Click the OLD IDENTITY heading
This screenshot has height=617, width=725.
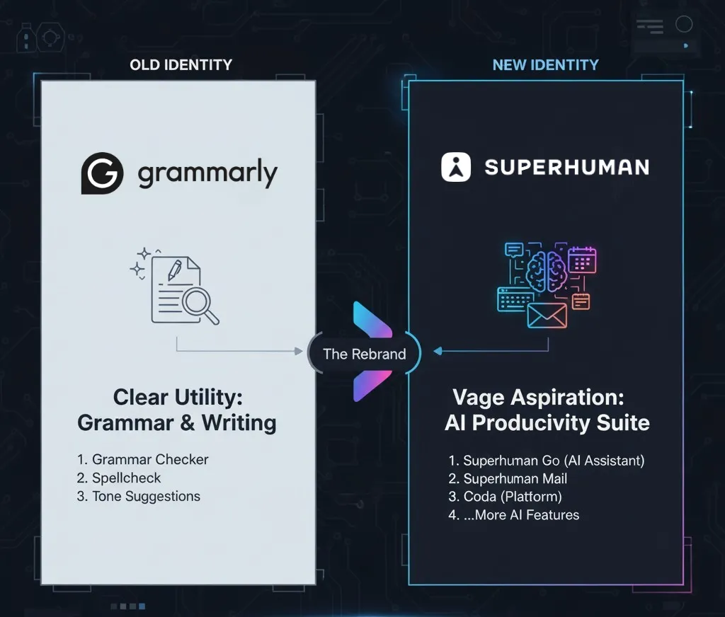point(181,64)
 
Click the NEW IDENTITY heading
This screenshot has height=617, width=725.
point(546,64)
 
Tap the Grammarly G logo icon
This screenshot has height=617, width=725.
point(102,173)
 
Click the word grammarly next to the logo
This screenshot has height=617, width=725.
point(207,173)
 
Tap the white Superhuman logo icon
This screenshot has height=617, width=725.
point(456,167)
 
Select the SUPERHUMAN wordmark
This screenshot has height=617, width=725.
point(567,167)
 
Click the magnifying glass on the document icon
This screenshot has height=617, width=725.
point(200,306)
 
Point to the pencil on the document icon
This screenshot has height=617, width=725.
point(174,270)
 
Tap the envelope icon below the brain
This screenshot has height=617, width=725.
point(547,316)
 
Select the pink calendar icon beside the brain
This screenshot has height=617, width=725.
point(582,260)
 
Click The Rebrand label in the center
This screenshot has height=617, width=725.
point(365,354)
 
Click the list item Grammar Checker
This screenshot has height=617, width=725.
point(142,459)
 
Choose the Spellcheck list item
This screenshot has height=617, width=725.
point(119,478)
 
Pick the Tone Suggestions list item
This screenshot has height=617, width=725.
point(139,497)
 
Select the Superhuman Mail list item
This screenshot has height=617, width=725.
point(508,479)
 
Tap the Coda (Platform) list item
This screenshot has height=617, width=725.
point(506,497)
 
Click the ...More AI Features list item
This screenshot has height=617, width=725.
point(514,515)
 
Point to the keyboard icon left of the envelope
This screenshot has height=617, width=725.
point(515,299)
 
